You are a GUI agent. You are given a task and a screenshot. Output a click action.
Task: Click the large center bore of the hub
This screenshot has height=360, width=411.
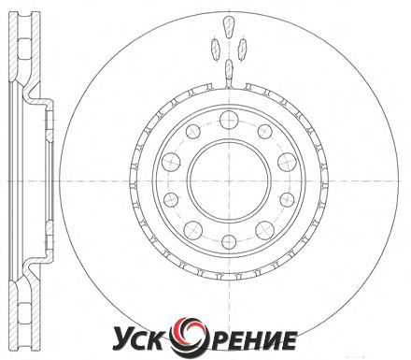(x=229, y=181)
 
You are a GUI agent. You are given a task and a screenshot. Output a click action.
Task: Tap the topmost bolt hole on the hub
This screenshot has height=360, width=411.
(x=229, y=120)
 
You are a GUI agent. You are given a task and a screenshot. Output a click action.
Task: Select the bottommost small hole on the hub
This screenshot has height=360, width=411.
(x=229, y=242)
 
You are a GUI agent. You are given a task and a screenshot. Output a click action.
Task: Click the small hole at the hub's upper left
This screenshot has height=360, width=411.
(x=193, y=131)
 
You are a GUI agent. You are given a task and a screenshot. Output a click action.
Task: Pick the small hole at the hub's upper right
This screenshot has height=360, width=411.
(x=265, y=131)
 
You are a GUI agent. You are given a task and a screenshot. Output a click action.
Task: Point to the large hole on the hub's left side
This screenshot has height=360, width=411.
(x=171, y=162)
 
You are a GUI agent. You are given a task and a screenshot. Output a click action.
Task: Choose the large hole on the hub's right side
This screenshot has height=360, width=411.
(x=287, y=162)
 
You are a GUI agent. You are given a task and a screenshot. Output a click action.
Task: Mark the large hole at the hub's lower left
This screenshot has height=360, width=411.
(x=193, y=230)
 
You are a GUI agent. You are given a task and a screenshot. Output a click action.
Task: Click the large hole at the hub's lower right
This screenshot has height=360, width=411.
(x=265, y=230)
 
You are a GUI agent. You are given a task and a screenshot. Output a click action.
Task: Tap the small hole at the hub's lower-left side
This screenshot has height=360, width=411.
(x=171, y=200)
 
